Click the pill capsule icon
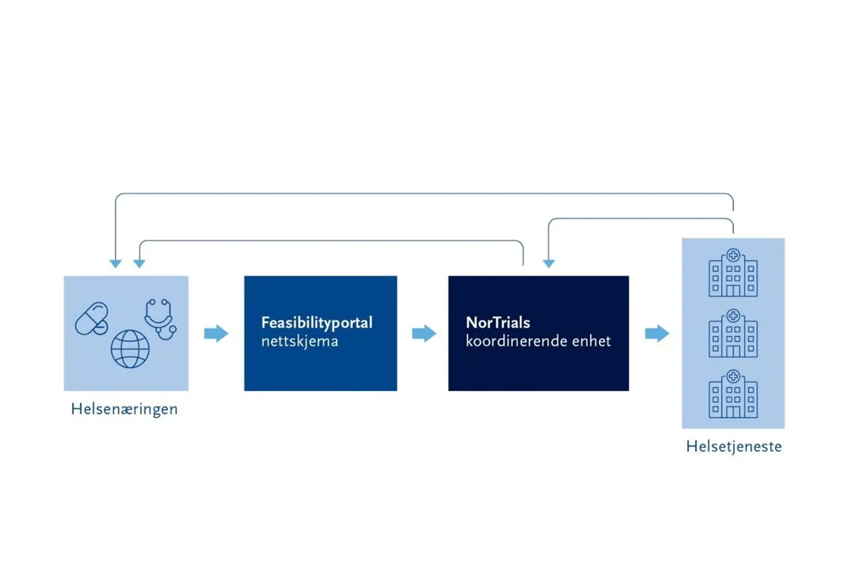92,319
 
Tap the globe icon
130,349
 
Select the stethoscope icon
160,318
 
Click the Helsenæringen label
124,409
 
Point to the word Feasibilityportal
317,323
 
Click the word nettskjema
300,342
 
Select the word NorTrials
498,322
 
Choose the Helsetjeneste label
734,447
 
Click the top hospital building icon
733,274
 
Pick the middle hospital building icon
733,334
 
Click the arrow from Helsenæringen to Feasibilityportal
216,334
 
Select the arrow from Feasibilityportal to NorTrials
424,334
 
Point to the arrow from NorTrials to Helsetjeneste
657,334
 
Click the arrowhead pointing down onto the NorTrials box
548,264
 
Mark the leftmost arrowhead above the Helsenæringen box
116,264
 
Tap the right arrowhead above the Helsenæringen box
139,264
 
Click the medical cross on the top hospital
733,255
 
